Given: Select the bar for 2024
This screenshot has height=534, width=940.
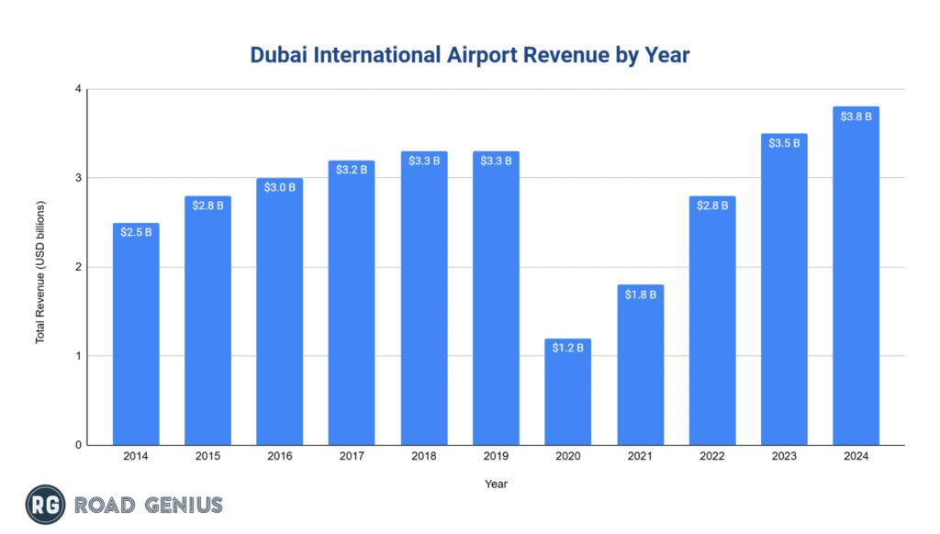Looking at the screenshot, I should pyautogui.click(x=856, y=276).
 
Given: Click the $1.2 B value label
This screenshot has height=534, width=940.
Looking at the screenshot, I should pyautogui.click(x=567, y=348).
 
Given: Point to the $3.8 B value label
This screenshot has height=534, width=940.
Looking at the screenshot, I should pyautogui.click(x=856, y=117).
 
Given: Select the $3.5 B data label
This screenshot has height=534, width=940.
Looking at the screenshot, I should pyautogui.click(x=784, y=143).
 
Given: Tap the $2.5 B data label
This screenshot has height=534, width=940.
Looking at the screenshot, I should pyautogui.click(x=135, y=232).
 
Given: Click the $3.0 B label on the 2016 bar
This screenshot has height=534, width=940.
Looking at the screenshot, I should pyautogui.click(x=279, y=187).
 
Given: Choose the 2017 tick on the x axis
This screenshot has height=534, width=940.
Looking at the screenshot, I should pyautogui.click(x=352, y=457).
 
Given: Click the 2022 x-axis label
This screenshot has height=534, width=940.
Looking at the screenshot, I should pyautogui.click(x=711, y=457).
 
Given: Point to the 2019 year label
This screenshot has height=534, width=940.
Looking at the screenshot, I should pyautogui.click(x=496, y=457).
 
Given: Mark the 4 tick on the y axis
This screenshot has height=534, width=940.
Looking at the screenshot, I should pyautogui.click(x=78, y=89).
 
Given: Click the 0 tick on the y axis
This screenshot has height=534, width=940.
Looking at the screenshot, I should pyautogui.click(x=78, y=445).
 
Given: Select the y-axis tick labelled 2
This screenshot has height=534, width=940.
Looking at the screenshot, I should pyautogui.click(x=78, y=267).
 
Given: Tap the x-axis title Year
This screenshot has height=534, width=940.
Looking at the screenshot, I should pyautogui.click(x=496, y=484).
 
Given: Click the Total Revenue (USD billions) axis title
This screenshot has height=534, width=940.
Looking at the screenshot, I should pyautogui.click(x=40, y=267).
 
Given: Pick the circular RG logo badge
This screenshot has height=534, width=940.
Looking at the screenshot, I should pyautogui.click(x=42, y=505).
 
